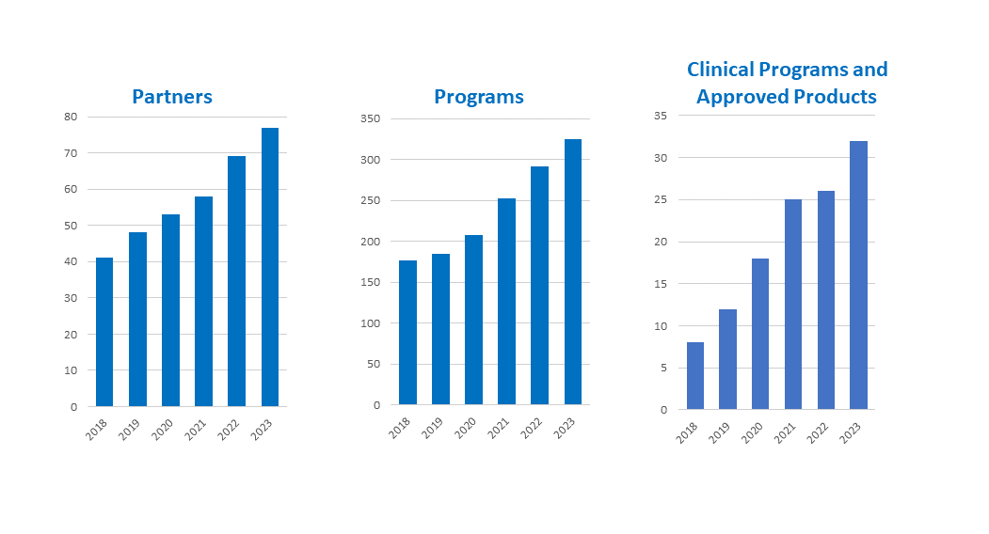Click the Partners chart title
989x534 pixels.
click(172, 97)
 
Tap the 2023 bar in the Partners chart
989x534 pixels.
click(270, 267)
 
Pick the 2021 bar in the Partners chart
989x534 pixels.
click(203, 301)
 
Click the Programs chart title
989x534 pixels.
click(479, 97)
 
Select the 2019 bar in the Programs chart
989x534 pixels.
click(440, 329)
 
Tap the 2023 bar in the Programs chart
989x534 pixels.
click(573, 272)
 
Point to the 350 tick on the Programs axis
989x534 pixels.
click(370, 118)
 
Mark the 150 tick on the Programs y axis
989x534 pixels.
click(370, 282)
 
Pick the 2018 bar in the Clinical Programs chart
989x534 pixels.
click(695, 375)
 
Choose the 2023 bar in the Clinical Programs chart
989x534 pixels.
click(858, 275)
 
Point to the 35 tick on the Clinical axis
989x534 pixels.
click(660, 116)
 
